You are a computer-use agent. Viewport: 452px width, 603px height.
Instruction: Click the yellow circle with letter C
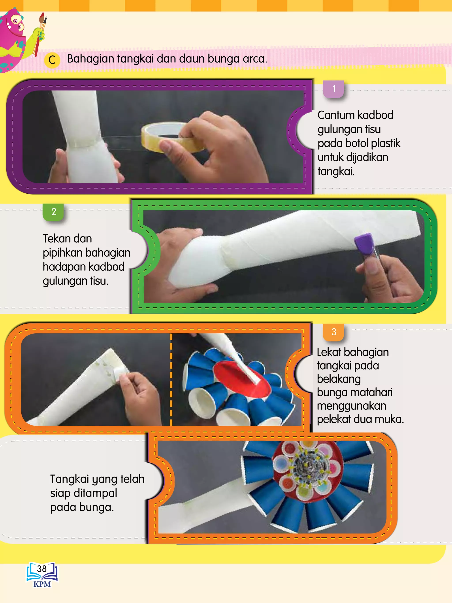click(x=52, y=60)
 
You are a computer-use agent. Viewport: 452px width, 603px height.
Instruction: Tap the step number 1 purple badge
click(x=334, y=89)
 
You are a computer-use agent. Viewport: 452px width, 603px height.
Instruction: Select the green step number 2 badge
click(x=54, y=212)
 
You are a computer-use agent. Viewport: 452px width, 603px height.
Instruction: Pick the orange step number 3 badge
click(x=334, y=332)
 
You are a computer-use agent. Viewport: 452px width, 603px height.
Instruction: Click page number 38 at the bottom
click(x=42, y=569)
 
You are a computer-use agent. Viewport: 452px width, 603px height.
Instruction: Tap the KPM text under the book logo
click(x=42, y=584)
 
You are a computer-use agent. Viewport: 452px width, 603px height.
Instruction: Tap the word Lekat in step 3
click(x=329, y=352)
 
